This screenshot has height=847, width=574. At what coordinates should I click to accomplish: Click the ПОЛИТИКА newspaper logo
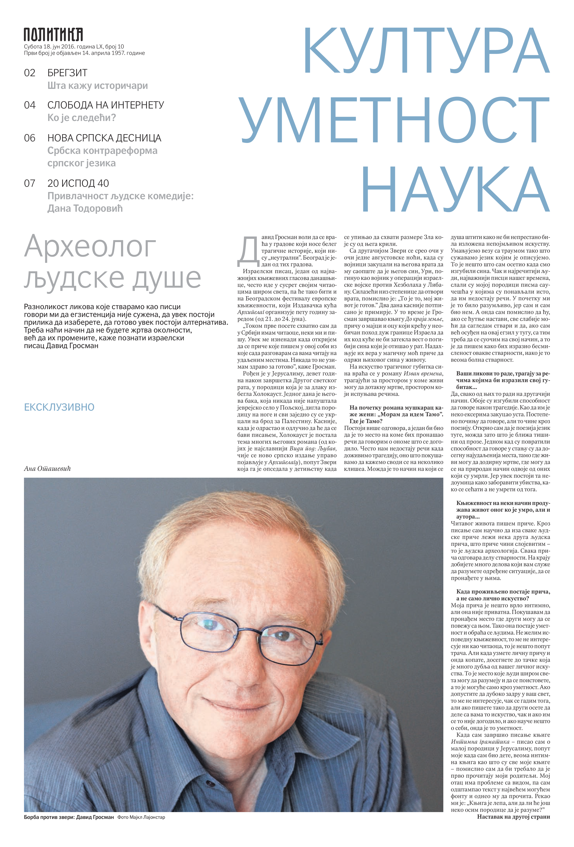click(53, 35)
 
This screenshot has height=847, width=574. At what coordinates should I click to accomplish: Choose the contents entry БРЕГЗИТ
click(67, 73)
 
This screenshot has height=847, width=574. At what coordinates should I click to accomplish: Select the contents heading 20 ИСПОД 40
click(78, 183)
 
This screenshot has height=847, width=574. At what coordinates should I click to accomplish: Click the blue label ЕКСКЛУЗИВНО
click(59, 407)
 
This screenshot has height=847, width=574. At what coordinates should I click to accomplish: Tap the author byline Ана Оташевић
click(47, 469)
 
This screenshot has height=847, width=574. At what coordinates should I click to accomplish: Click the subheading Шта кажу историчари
click(98, 86)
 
